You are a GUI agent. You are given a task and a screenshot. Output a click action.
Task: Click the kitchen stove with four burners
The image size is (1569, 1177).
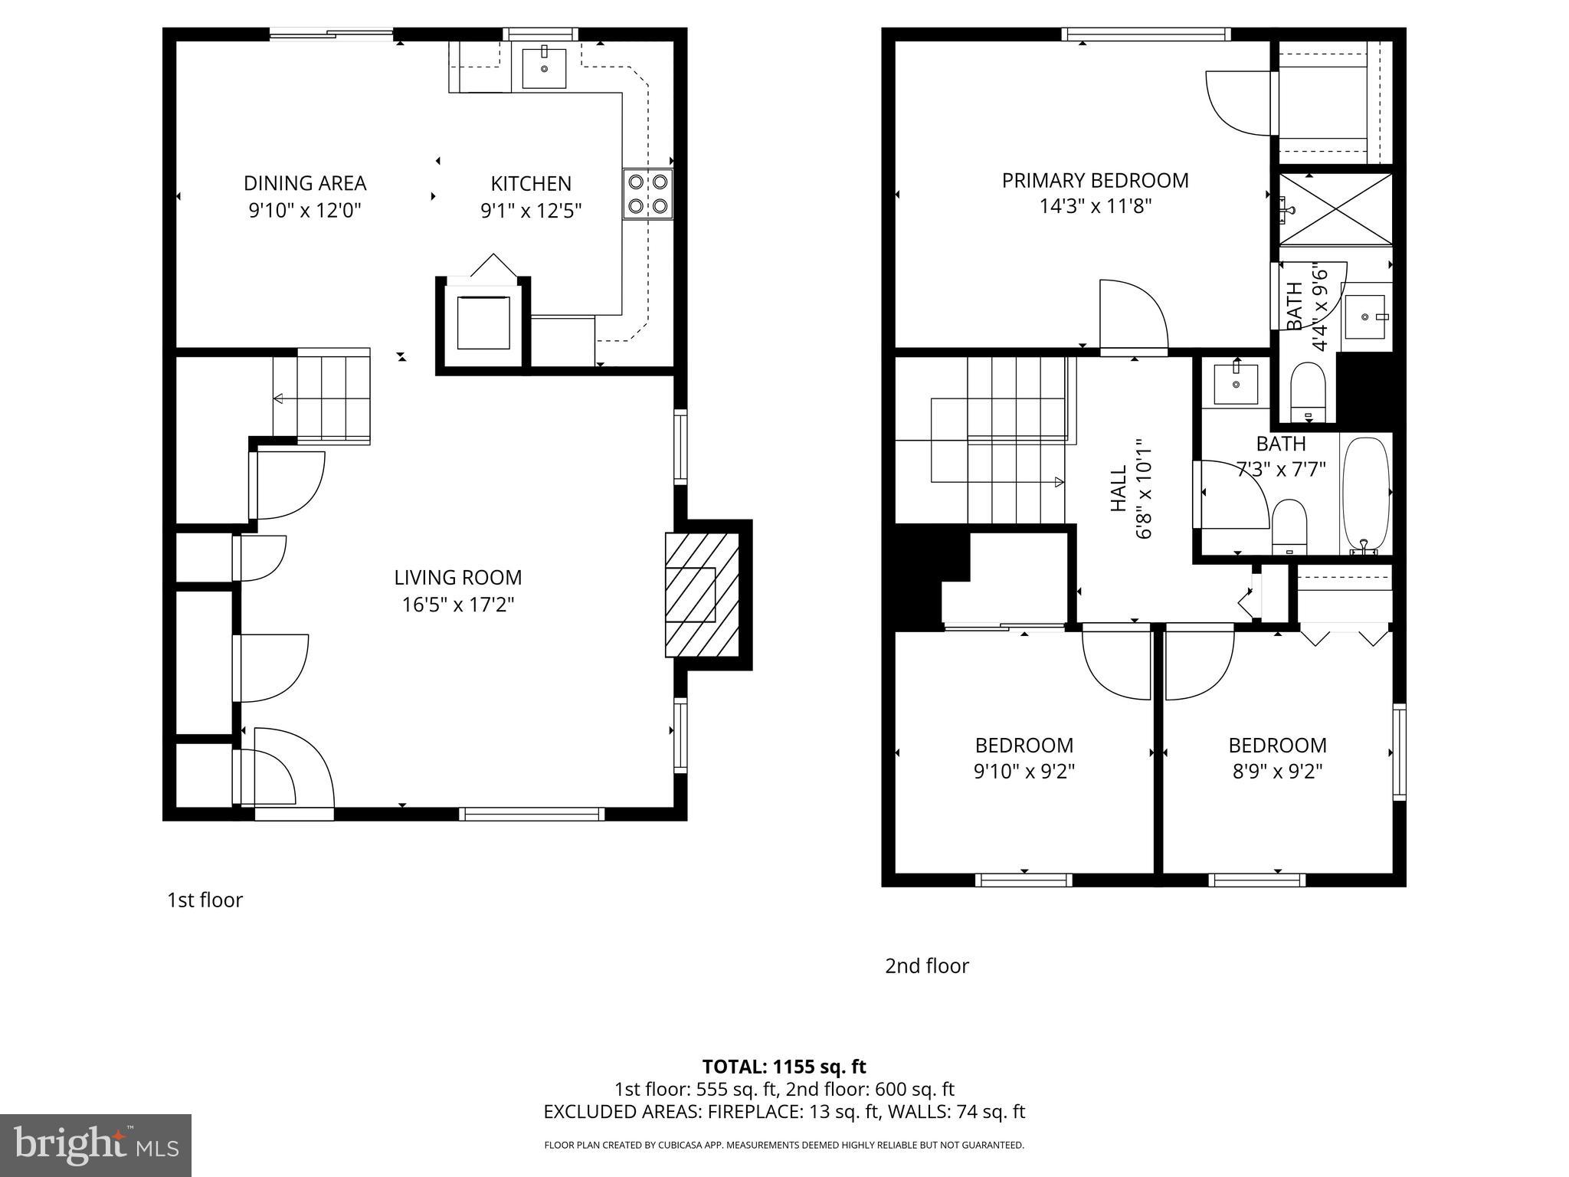647,194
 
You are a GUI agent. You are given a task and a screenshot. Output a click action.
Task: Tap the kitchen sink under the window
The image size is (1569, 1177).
544,69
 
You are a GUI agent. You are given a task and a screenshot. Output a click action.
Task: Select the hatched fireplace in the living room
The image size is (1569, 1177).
701,595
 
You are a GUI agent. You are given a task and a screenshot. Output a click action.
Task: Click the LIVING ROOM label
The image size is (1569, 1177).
457,578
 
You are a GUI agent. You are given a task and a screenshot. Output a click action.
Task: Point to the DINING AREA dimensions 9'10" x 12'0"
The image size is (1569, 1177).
304,210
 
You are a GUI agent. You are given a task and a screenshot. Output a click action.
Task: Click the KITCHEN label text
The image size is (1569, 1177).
531,184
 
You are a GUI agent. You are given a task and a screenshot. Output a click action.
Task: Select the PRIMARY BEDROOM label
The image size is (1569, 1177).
1095,181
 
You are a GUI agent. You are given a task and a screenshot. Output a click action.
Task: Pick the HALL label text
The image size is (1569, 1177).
1119,489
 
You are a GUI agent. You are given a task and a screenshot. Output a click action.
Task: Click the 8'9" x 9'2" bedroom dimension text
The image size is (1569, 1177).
1277,771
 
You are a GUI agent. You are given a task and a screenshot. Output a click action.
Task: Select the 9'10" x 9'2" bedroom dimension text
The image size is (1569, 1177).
1024,771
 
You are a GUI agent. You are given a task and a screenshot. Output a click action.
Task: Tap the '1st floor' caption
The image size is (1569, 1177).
205,900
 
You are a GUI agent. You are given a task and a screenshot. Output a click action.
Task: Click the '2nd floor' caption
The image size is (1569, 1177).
926,966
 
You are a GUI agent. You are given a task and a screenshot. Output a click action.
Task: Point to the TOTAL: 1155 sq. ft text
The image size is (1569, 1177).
784,1067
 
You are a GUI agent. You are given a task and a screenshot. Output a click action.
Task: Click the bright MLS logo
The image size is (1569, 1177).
96,1146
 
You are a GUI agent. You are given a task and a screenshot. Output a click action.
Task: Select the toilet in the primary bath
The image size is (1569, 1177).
1309,392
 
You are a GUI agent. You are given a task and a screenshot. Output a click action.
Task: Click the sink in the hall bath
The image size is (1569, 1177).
1236,383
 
